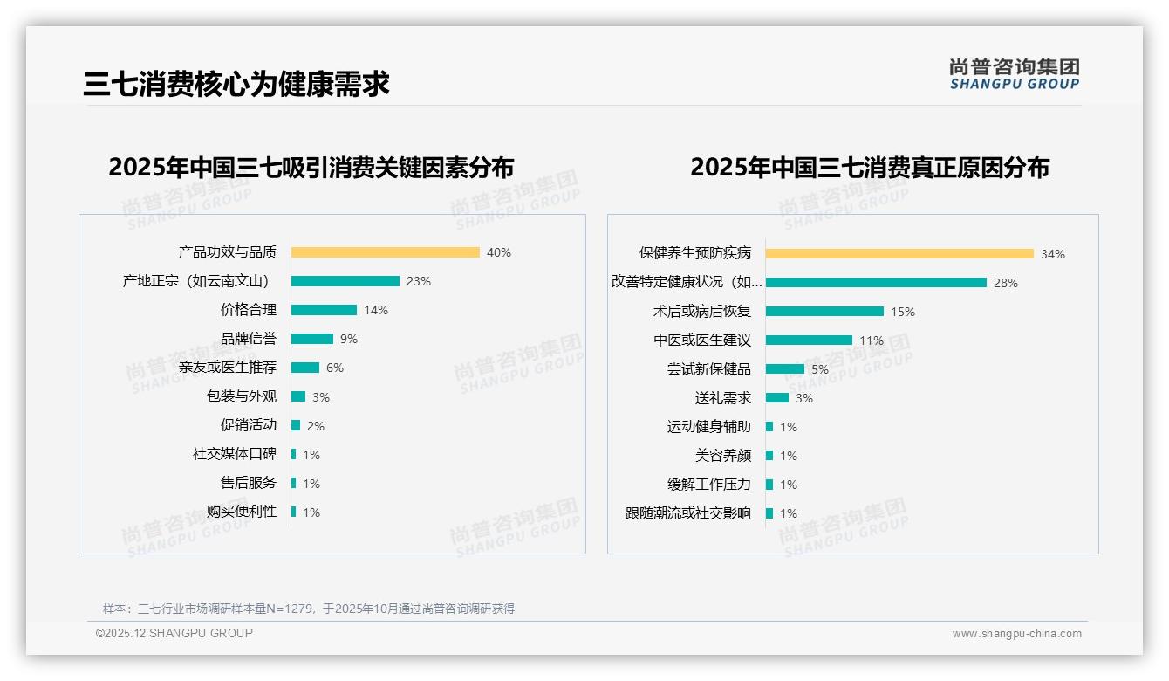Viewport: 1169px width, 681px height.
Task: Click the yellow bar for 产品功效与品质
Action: click(385, 252)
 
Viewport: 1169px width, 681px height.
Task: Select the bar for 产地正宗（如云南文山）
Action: click(345, 281)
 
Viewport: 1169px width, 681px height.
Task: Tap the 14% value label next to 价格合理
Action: click(376, 310)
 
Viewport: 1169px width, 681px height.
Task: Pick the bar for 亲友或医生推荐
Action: click(304, 368)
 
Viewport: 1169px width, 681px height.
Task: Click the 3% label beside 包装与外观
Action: click(321, 397)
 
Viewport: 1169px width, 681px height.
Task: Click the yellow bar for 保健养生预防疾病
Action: click(899, 253)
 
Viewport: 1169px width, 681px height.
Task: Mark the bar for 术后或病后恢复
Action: click(824, 311)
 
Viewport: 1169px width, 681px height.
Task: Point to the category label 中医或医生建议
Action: click(701, 340)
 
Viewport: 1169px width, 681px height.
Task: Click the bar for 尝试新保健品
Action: click(784, 368)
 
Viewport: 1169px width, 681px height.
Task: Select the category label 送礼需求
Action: click(722, 398)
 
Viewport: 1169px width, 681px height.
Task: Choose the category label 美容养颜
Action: click(722, 456)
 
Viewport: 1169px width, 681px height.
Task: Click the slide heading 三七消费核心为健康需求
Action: click(236, 84)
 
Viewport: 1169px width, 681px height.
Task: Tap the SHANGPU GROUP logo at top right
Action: click(1014, 74)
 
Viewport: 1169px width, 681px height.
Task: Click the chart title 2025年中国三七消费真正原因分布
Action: click(869, 168)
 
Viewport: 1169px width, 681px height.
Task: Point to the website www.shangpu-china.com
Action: click(1016, 634)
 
